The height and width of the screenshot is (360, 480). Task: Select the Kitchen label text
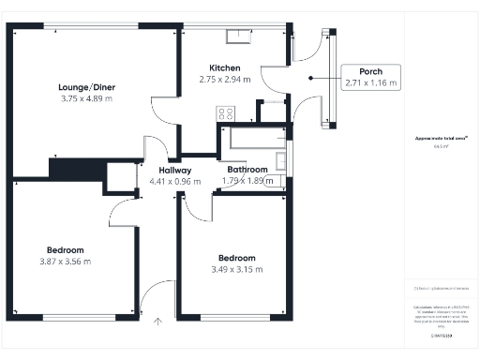click(x=225, y=68)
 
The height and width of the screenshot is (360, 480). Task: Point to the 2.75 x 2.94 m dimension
click(x=225, y=80)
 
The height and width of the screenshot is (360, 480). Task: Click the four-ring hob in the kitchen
click(x=226, y=113)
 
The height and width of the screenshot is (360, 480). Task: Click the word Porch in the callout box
click(x=370, y=71)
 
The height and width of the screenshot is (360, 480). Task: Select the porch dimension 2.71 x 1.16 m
click(x=370, y=83)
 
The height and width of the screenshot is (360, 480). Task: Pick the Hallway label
click(x=169, y=170)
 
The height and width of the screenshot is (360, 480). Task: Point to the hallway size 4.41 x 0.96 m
click(x=169, y=181)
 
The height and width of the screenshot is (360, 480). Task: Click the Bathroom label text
click(x=247, y=170)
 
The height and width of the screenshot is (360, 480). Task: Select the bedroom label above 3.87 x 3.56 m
click(x=66, y=249)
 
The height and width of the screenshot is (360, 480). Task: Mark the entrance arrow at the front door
click(x=157, y=322)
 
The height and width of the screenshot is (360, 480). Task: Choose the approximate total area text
click(x=441, y=139)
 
